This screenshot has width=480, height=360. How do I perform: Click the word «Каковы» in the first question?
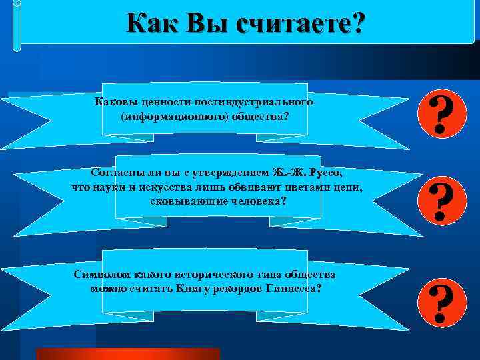coord(117,103)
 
